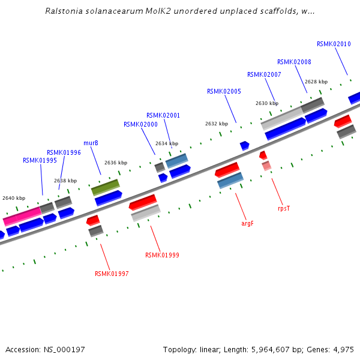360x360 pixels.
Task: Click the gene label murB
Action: (91, 143)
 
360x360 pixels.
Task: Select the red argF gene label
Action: (247, 223)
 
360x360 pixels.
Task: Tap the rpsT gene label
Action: (284, 208)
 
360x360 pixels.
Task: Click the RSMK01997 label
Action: (112, 274)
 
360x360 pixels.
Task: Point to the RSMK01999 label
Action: (162, 255)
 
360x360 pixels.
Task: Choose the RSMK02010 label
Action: (334, 44)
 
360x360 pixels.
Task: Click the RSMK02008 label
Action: (294, 62)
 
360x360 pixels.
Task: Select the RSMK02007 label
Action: (264, 74)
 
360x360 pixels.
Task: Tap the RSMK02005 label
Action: (224, 91)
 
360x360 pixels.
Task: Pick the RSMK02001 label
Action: (163, 115)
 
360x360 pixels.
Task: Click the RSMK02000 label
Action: (140, 124)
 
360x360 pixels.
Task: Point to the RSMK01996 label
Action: (64, 152)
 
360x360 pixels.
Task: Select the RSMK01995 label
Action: (40, 160)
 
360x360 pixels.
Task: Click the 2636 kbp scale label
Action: (116, 163)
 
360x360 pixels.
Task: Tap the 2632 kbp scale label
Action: (217, 124)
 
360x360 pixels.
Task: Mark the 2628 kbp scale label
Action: (316, 82)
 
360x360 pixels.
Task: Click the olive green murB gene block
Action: (105, 187)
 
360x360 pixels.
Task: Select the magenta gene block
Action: (22, 216)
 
